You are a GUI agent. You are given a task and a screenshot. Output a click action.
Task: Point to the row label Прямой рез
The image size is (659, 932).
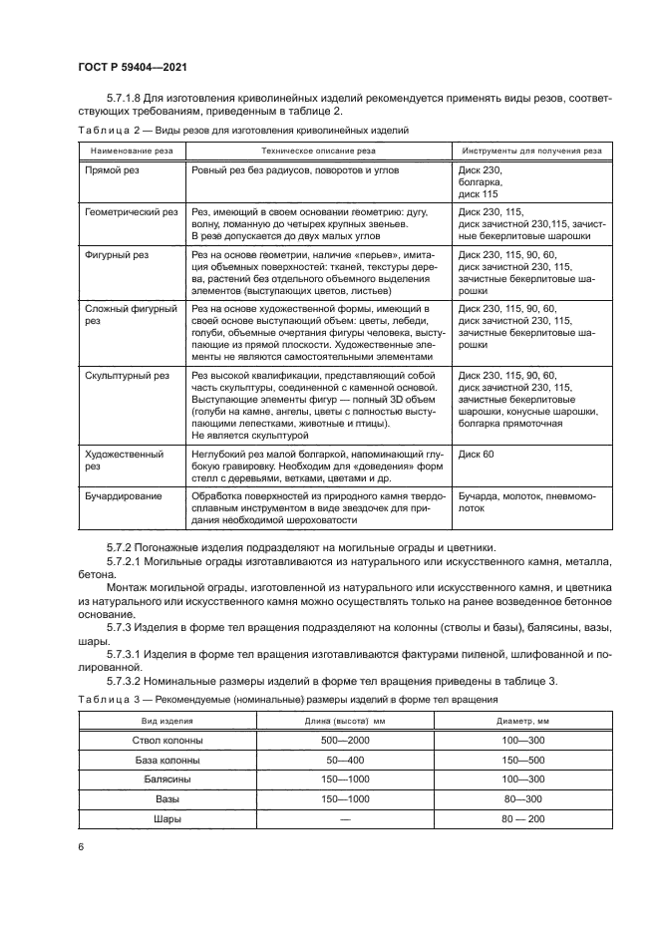112,170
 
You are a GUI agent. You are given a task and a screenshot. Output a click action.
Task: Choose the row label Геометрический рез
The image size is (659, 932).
131,212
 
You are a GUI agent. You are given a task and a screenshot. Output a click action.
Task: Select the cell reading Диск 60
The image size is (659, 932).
476,454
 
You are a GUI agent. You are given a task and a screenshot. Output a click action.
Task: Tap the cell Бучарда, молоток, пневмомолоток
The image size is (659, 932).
524,500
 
